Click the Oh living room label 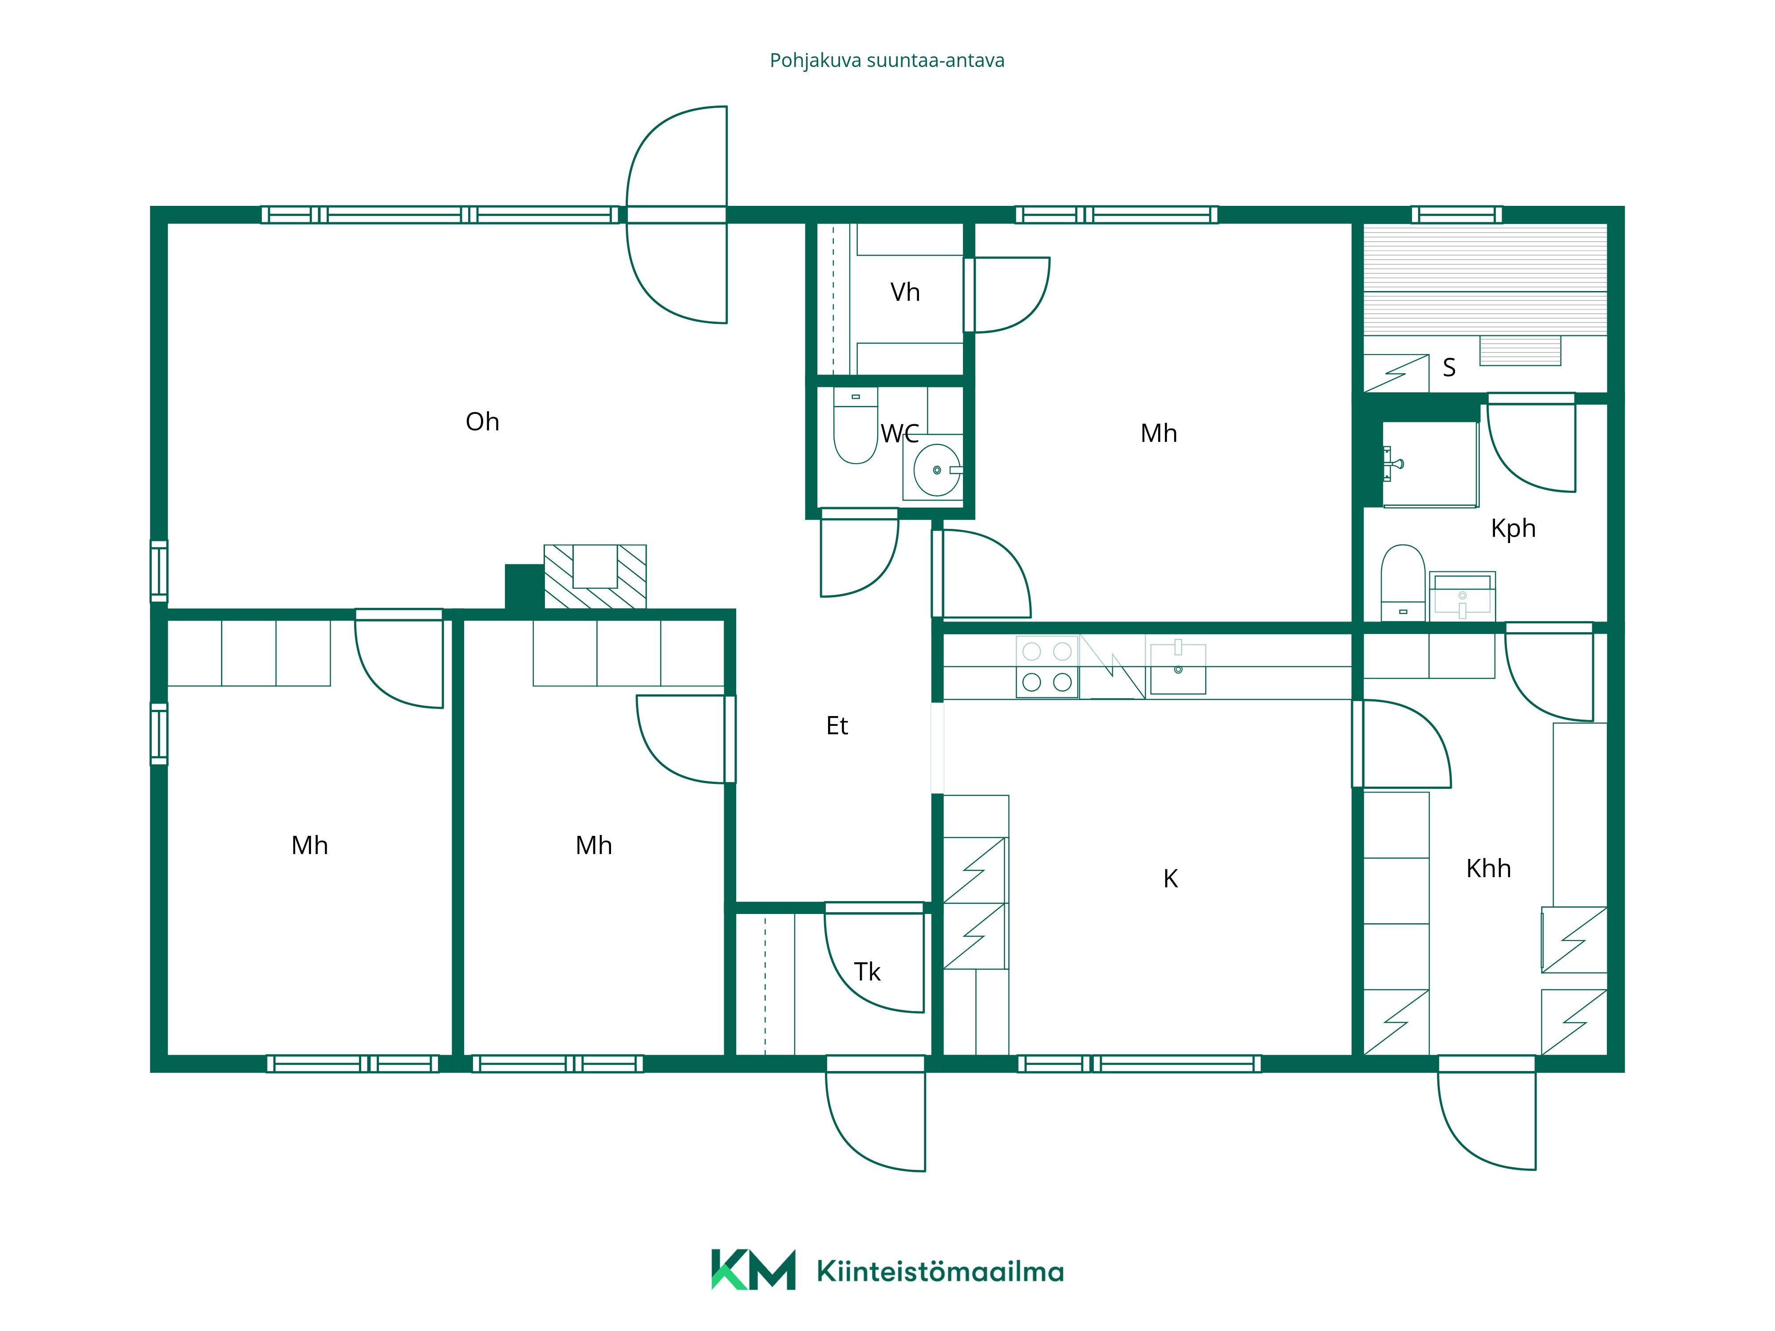pos(482,422)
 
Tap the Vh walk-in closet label pos(905,292)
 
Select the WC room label pos(899,434)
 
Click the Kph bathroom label pos(1513,529)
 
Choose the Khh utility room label pos(1488,868)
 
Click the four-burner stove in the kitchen pos(1047,667)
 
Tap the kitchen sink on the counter pos(1178,668)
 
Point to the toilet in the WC pos(856,426)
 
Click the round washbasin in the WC pos(936,470)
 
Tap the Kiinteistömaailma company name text pos(940,1272)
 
